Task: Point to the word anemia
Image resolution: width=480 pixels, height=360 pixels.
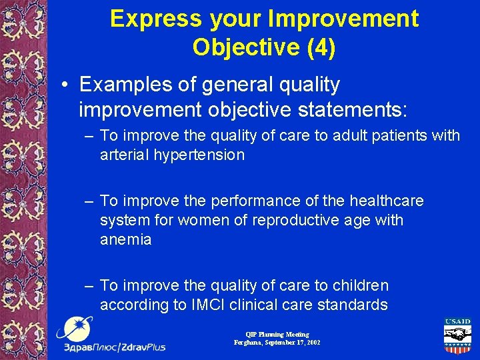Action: (125, 239)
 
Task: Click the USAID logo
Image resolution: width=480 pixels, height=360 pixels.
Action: (457, 337)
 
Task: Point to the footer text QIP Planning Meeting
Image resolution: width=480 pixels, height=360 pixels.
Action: (277, 334)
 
